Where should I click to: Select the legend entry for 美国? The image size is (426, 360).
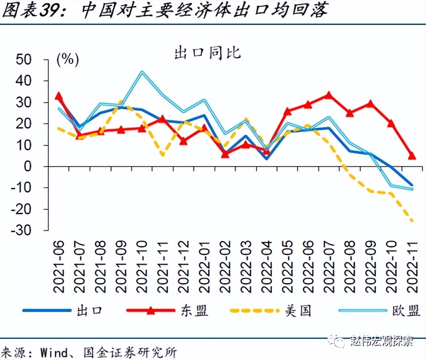point(298,310)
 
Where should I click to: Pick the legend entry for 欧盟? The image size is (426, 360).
point(406,310)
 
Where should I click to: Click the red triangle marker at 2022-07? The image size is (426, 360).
point(328,95)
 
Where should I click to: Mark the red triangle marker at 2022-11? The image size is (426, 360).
point(412,155)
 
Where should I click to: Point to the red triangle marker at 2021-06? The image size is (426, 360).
point(58,96)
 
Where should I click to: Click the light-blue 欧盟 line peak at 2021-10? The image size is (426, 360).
point(142,72)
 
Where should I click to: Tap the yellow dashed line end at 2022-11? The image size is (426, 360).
point(412,220)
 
